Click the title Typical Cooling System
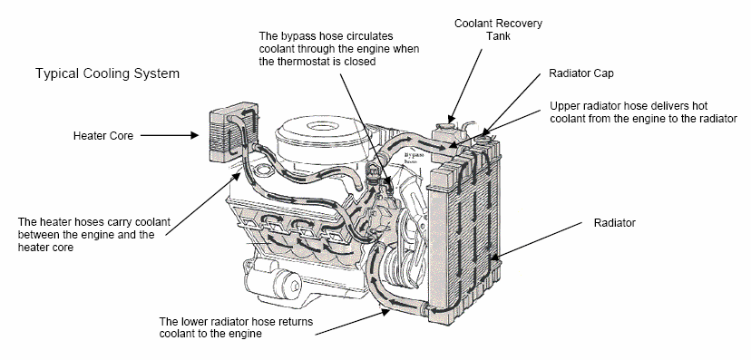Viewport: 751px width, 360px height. [107, 73]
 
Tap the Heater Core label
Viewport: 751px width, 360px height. [103, 136]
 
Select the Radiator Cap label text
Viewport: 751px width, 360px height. [581, 73]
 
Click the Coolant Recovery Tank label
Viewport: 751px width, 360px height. [498, 30]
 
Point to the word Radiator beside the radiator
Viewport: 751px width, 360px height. [615, 223]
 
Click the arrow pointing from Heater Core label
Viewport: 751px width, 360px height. [169, 135]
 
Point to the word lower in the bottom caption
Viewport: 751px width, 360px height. [194, 322]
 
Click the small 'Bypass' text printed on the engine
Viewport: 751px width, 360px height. [414, 156]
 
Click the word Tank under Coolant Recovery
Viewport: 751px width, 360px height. [498, 36]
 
